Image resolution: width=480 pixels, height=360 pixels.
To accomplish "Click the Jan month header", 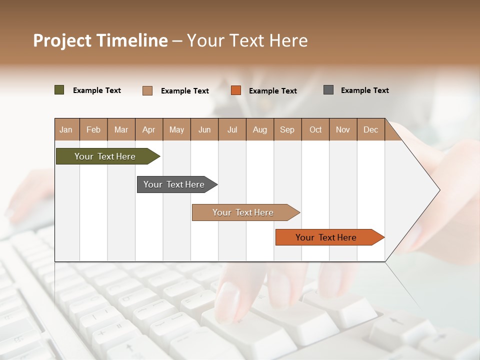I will [x=66, y=129].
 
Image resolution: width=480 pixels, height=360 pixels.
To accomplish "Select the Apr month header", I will [x=149, y=129].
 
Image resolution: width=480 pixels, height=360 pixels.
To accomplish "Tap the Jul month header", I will [x=232, y=129].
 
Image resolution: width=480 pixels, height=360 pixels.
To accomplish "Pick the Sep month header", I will [x=287, y=129].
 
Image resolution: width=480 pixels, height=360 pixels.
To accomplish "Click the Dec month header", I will [x=371, y=129].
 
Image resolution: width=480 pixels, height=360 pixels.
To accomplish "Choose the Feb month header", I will [x=93, y=129].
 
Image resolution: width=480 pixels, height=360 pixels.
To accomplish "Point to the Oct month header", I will [x=315, y=129].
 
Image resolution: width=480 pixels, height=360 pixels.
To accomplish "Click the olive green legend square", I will [x=59, y=90].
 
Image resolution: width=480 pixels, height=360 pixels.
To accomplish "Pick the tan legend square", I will [x=147, y=90].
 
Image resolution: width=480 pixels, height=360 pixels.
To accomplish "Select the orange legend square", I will [x=236, y=90].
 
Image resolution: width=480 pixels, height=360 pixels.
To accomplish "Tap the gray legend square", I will [x=328, y=90].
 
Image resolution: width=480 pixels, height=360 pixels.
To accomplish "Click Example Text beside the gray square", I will [x=364, y=90].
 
